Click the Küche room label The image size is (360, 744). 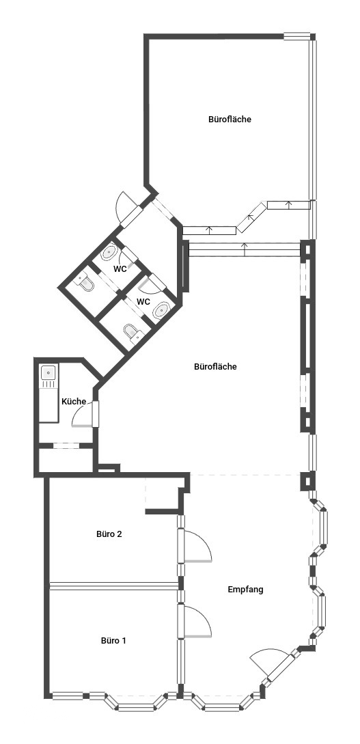(74, 402)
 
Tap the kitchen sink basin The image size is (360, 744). (49, 372)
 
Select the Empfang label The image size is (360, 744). (245, 590)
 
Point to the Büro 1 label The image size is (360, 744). (113, 640)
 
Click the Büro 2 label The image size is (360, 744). (109, 534)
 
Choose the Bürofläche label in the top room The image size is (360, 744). (230, 119)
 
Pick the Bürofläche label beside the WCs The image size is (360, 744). (215, 366)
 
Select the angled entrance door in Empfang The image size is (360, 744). (271, 661)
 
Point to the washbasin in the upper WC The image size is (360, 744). (109, 252)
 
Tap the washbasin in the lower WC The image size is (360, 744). (161, 310)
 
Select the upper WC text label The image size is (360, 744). (120, 268)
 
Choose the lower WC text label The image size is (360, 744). (143, 301)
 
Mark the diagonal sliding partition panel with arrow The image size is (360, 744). (252, 217)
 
